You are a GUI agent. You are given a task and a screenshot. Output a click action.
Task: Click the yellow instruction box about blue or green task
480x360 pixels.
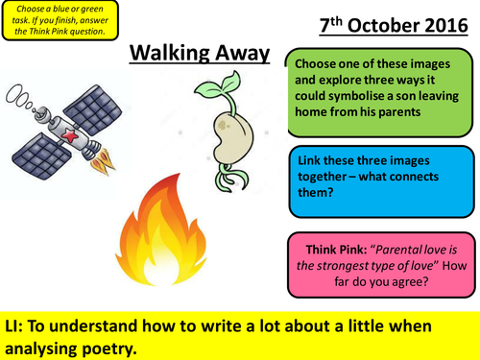(x=60, y=21)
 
